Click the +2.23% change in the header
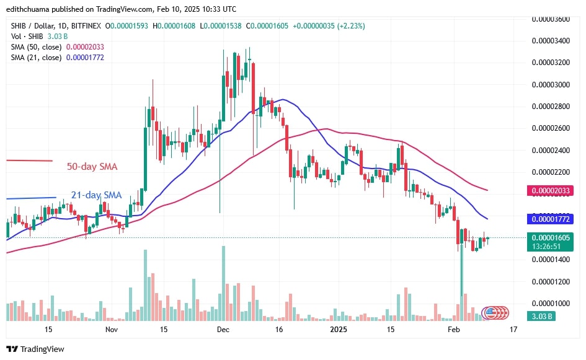350,26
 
